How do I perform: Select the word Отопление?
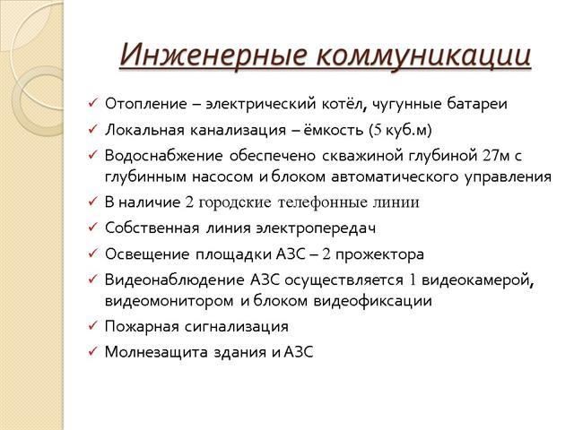pos(145,104)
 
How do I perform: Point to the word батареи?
pos(477,104)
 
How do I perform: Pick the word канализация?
pos(238,130)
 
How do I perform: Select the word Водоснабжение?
pos(164,156)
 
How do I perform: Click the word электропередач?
pos(316,228)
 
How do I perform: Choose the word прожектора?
pos(379,254)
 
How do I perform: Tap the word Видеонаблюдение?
pos(174,279)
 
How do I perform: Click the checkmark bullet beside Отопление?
pos(91,103)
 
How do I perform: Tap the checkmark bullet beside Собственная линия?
pos(91,227)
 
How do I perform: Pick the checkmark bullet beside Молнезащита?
pos(91,351)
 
